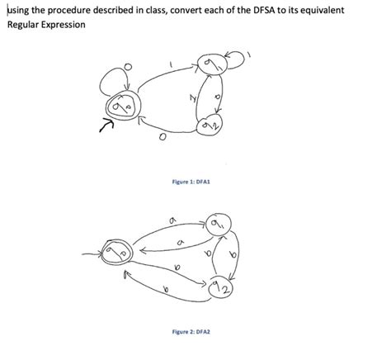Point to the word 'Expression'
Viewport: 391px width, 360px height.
pyautogui.click(x=64, y=24)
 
